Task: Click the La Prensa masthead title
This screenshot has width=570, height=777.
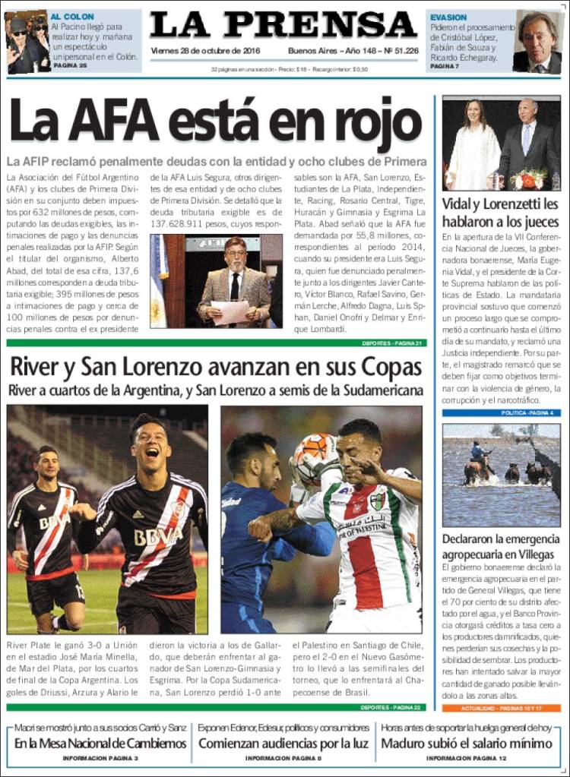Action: (283, 25)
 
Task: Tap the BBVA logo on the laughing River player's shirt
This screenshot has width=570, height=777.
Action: (158, 537)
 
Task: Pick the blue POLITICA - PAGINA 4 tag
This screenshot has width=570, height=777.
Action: (527, 412)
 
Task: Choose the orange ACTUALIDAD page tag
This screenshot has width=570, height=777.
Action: (501, 708)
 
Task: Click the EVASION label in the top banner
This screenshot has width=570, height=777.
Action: (448, 17)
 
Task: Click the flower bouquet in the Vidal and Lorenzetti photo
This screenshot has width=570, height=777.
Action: (529, 179)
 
